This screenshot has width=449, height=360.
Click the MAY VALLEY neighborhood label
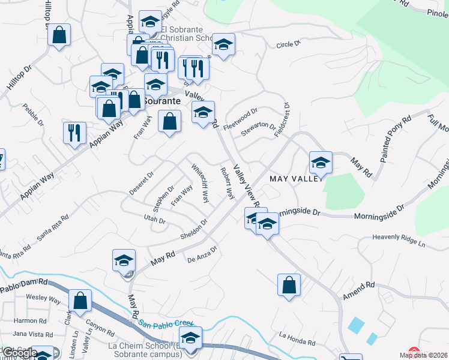(297, 179)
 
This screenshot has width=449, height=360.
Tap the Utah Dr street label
(154, 220)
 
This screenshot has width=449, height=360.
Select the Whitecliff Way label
(200, 182)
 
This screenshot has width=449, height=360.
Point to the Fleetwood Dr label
(240, 119)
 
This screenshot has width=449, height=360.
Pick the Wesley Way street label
(43, 298)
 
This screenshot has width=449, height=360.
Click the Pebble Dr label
(34, 116)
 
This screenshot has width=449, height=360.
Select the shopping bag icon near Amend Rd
(289, 286)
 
